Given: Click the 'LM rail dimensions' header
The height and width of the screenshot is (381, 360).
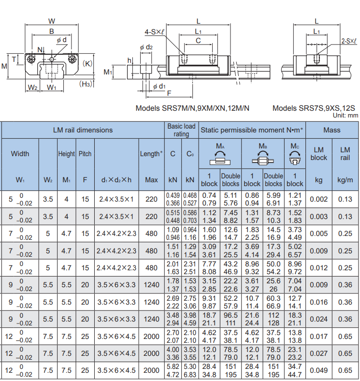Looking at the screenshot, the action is tap(83, 130).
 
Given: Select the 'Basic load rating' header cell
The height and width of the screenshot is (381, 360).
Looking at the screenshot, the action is tap(182, 130).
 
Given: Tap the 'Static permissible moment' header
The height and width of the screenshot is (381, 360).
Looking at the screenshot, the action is tap(252, 130).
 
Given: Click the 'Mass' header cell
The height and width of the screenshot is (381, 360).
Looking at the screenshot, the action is tap(332, 130).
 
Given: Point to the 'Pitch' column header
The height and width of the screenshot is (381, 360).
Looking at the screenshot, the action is tap(85, 154).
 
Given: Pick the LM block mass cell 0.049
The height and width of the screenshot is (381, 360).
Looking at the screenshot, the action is tap(319, 370).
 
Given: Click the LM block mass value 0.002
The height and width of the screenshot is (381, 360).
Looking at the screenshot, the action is tap(319, 199).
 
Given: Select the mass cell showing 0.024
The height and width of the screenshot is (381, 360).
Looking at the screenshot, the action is tap(319, 319).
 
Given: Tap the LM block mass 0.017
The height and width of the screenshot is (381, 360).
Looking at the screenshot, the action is tap(319, 337).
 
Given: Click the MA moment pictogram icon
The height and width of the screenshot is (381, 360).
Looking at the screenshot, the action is tap(220, 158).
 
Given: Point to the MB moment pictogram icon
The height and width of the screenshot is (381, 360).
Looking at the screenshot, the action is tap(263, 158).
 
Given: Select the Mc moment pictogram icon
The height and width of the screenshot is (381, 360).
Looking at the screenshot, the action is tap(295, 158).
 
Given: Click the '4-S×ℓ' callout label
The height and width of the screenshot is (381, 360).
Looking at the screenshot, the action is tap(154, 32).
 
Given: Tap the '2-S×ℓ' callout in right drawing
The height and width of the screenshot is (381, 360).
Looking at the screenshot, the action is tap(349, 41).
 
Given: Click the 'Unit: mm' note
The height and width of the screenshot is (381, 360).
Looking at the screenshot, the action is tap(346, 116).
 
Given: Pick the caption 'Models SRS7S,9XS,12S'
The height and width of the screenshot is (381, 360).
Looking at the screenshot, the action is tap(314, 108).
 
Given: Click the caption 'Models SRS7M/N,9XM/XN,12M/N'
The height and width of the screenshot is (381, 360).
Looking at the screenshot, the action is tap(192, 108).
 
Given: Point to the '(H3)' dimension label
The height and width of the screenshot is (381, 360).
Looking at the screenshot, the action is tap(86, 84).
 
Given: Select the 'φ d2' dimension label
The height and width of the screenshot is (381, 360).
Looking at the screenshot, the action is tap(146, 47).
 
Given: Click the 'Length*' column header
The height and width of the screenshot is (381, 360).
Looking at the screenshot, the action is tap(151, 154).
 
